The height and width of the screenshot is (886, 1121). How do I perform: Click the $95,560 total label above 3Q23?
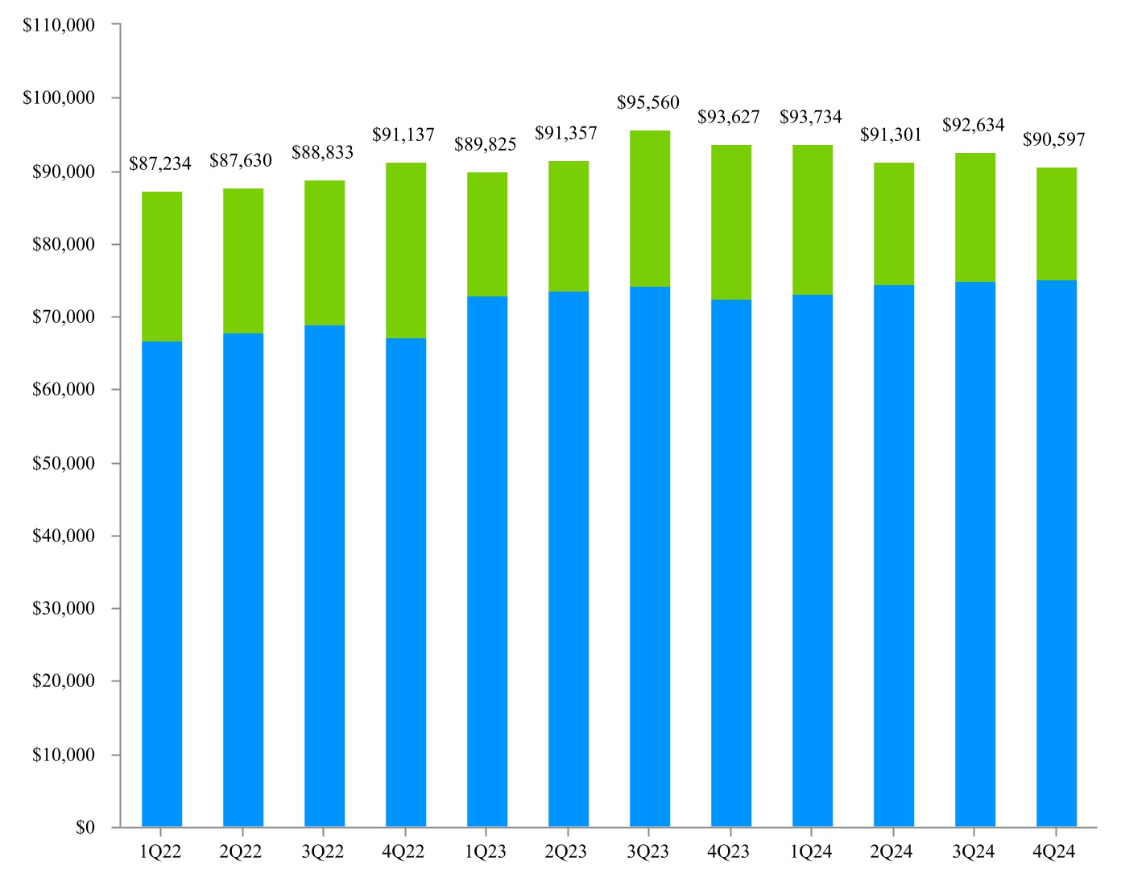pos(647,102)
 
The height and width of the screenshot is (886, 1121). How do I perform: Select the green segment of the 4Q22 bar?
pos(405,250)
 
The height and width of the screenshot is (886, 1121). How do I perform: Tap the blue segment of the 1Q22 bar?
pos(161,584)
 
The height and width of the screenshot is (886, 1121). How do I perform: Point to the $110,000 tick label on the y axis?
pos(59,25)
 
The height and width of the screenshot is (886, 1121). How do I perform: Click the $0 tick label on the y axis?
pos(85,827)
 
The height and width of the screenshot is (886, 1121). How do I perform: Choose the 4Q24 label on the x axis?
pos(1054,852)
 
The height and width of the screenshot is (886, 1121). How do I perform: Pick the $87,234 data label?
pos(160,164)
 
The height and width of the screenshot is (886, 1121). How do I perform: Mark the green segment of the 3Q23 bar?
pos(649,209)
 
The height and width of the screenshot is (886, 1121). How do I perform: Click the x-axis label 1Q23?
pos(486,852)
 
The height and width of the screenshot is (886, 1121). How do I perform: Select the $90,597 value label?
pos(1054,140)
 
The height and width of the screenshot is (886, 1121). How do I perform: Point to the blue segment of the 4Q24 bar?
pos(1056,553)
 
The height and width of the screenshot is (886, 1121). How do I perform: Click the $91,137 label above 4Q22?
pos(403,135)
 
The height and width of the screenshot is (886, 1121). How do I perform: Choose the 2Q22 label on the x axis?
pos(241,852)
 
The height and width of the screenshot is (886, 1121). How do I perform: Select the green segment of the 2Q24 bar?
pos(893,224)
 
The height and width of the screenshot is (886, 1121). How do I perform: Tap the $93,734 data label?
pos(810,117)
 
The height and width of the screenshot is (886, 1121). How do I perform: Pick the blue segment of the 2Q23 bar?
pos(568,559)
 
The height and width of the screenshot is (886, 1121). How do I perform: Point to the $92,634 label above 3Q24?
pos(973,125)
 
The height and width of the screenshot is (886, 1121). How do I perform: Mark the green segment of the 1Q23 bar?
pos(486,234)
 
